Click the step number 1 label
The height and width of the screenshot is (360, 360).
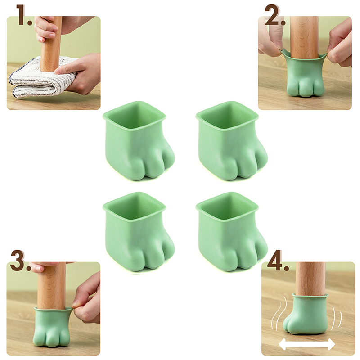(x=25, y=15)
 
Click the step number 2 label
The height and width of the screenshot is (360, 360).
(x=275, y=15)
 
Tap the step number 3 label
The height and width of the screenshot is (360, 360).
(x=21, y=261)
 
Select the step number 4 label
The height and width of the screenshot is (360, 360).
(x=278, y=261)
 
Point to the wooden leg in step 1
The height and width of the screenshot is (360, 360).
(x=51, y=44)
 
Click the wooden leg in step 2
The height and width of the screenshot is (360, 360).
(x=304, y=37)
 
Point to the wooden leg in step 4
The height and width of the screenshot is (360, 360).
(x=310, y=279)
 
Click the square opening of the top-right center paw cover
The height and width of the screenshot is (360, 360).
(x=227, y=117)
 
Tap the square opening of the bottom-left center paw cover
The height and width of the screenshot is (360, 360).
(x=134, y=207)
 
